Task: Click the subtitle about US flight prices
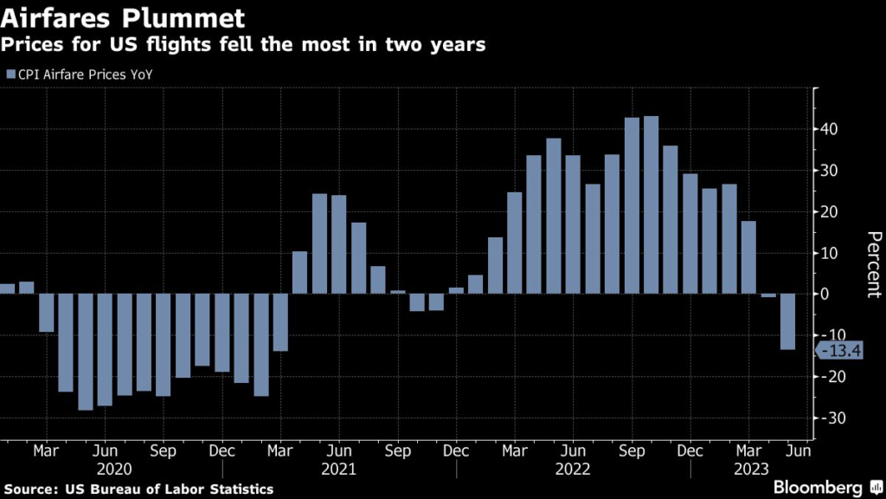pyautogui.click(x=245, y=43)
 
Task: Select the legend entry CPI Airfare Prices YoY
pyautogui.click(x=85, y=74)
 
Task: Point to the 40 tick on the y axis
pyautogui.click(x=829, y=129)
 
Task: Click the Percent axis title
pyautogui.click(x=873, y=264)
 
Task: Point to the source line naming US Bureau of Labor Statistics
pyautogui.click(x=138, y=489)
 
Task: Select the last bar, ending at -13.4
pyautogui.click(x=787, y=321)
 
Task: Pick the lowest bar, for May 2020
pyautogui.click(x=85, y=352)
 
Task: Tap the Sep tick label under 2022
pyautogui.click(x=632, y=451)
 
